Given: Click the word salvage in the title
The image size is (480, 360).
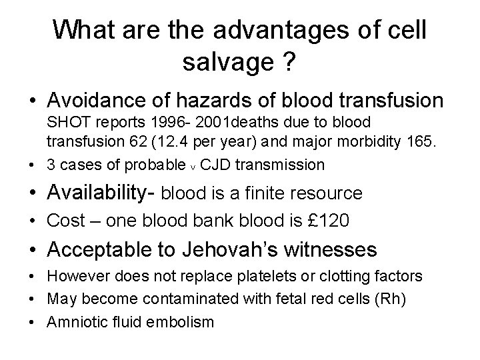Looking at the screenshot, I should (224, 65).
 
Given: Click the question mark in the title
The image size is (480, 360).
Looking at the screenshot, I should (289, 65).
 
